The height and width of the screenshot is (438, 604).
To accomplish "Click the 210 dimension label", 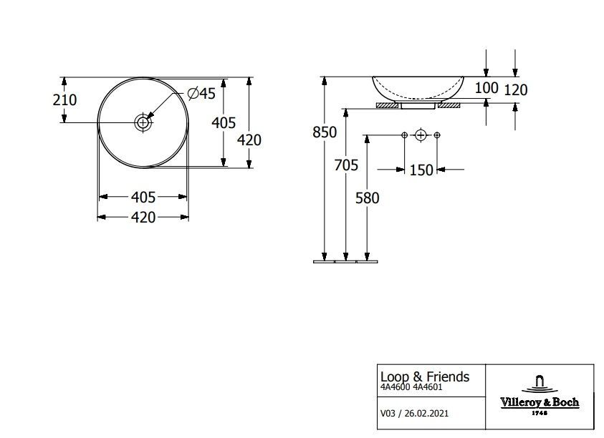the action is click(x=64, y=99).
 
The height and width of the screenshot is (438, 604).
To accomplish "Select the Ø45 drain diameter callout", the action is click(x=201, y=93).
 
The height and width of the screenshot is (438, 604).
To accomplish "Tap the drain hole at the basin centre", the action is click(x=143, y=123).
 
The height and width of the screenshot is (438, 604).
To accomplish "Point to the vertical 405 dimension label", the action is click(x=224, y=123).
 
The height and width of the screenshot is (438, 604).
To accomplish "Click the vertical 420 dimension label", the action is click(x=249, y=140).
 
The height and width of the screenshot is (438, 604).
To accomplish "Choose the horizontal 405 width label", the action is click(x=143, y=197).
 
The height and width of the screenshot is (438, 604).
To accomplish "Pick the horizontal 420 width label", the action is click(x=143, y=218).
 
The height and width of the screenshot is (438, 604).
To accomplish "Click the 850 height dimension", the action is click(x=325, y=132).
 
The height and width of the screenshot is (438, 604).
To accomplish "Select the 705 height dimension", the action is click(x=346, y=165).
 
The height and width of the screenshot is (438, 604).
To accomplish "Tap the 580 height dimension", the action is click(x=367, y=198).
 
